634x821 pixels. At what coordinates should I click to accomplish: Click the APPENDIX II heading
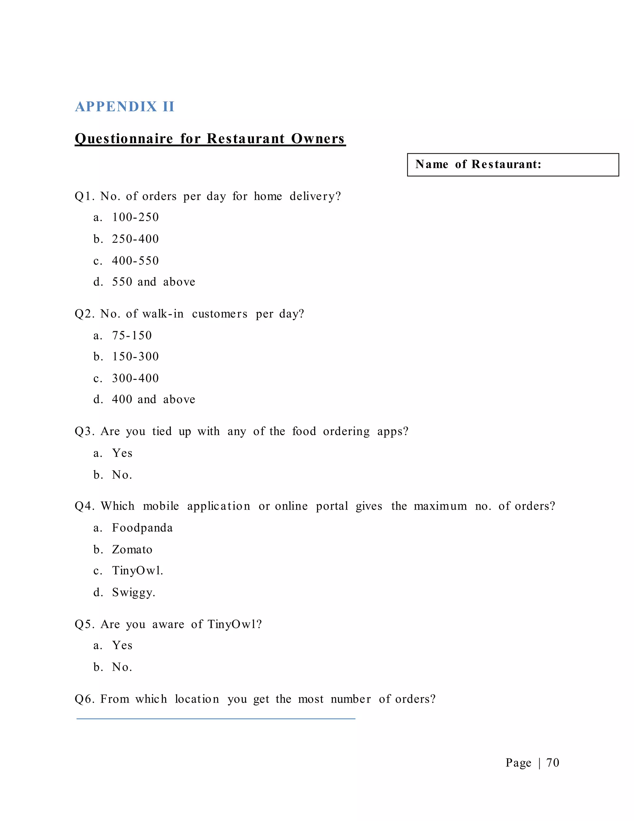click(x=125, y=107)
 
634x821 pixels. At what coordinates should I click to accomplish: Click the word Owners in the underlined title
click(x=318, y=138)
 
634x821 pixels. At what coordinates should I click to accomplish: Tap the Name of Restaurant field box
click(x=513, y=165)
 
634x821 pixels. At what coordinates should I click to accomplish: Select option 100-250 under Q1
click(x=135, y=217)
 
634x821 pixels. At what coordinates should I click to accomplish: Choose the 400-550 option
click(x=135, y=261)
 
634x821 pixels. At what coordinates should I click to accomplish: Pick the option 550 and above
click(x=153, y=282)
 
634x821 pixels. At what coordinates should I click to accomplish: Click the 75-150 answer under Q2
click(x=132, y=335)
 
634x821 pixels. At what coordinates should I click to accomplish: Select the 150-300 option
click(x=135, y=356)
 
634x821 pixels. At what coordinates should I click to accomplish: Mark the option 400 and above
click(x=153, y=399)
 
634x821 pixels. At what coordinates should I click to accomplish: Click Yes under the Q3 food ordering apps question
click(x=122, y=453)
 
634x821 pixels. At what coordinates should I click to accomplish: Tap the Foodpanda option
click(x=142, y=528)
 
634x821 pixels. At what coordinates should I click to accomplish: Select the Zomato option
click(x=132, y=550)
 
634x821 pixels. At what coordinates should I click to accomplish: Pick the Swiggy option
click(x=133, y=592)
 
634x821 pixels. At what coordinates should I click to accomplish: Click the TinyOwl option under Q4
click(x=137, y=571)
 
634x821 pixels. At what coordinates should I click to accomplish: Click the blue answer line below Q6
click(x=216, y=719)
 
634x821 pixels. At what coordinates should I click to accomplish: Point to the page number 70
click(x=553, y=762)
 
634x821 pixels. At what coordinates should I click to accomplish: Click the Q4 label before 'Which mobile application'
click(x=85, y=506)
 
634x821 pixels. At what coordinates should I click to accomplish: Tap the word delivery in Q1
click(x=315, y=196)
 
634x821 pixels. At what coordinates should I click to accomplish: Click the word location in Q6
click(x=197, y=699)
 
